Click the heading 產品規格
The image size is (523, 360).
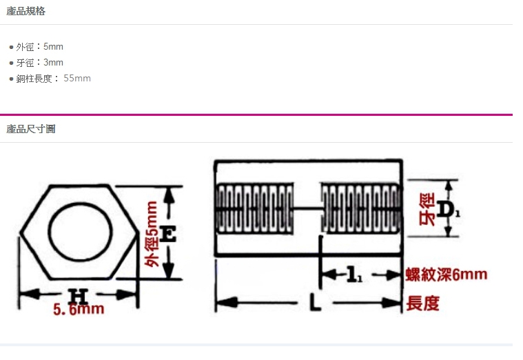25,11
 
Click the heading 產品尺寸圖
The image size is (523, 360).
31,129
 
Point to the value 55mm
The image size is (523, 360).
77,78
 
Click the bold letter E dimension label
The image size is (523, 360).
167,233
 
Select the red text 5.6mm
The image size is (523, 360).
79,309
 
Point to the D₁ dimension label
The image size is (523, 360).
448,210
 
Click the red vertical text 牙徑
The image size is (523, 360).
427,210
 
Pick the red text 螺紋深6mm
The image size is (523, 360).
447,274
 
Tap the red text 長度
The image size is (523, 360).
422,303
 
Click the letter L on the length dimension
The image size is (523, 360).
314,302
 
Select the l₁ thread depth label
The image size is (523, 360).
354,274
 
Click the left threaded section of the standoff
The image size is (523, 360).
255,208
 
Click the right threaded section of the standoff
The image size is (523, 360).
360,208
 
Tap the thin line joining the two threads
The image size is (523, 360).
307,209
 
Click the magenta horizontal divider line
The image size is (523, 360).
256,114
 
